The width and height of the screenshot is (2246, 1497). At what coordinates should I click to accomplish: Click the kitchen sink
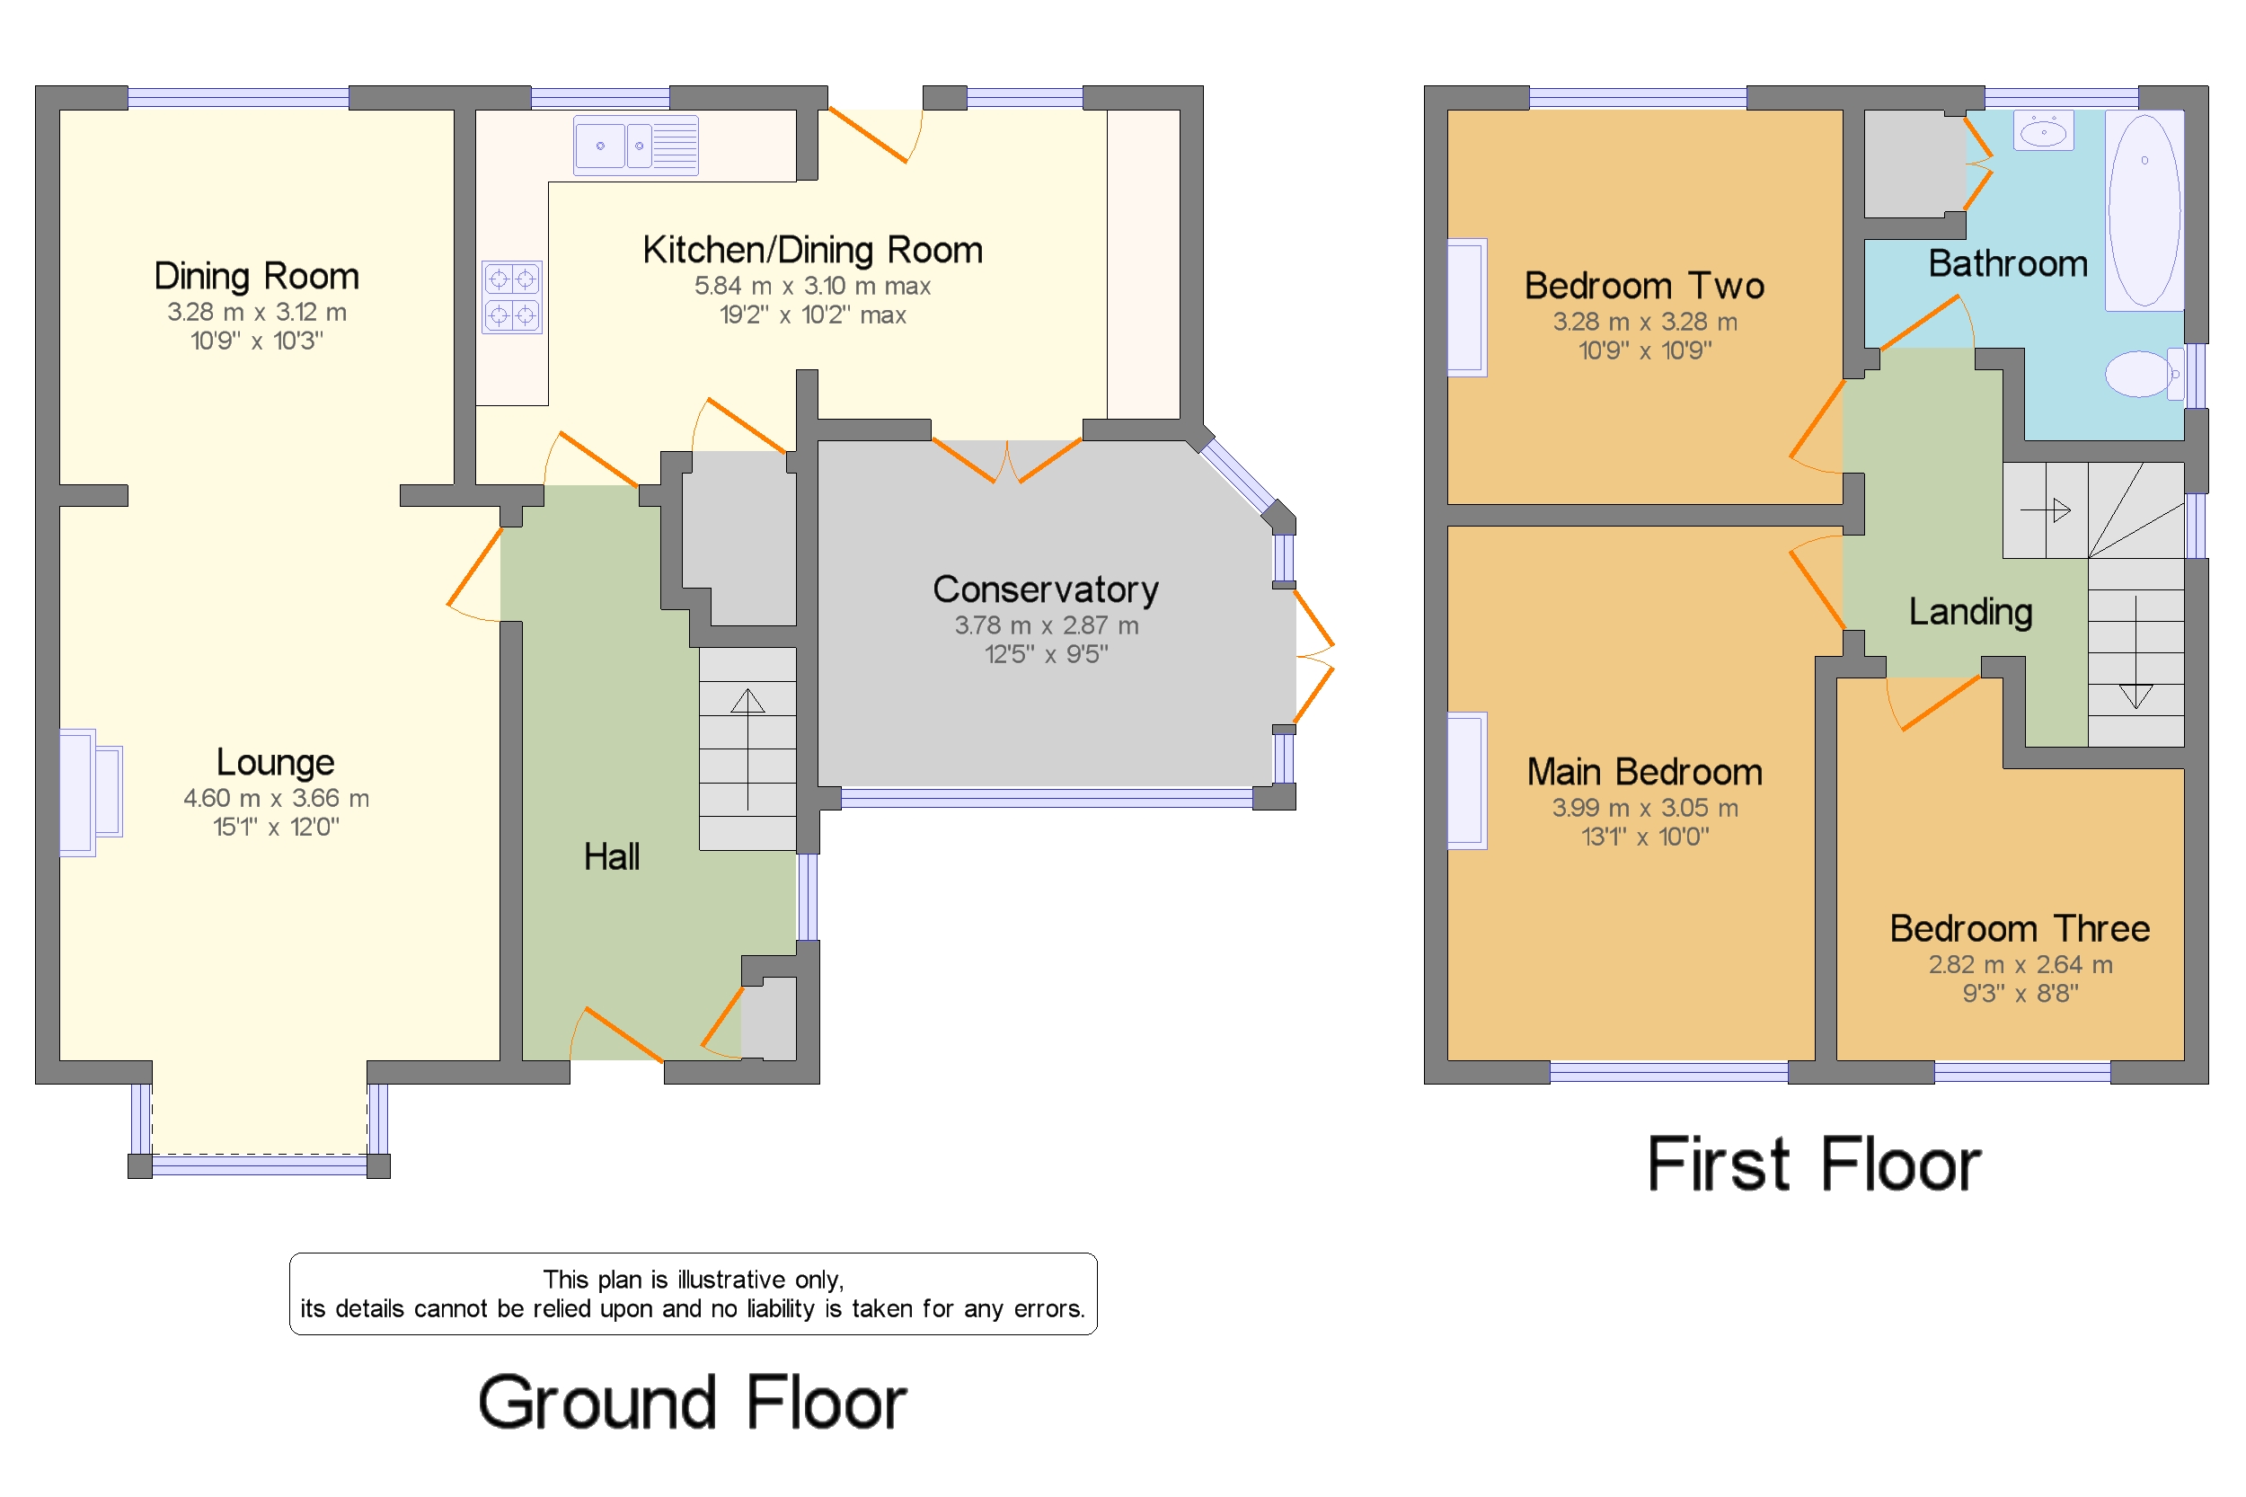tap(635, 146)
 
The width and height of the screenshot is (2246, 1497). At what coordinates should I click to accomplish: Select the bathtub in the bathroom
tap(2144, 210)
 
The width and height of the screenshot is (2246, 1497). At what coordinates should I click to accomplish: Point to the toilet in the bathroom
tap(2144, 373)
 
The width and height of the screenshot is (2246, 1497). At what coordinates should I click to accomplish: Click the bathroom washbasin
tap(2043, 131)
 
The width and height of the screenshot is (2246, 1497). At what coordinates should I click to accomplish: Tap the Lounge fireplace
tap(91, 793)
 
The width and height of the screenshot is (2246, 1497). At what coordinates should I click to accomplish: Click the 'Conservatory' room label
tap(1045, 589)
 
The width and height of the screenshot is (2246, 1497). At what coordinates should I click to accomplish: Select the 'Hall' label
tap(612, 856)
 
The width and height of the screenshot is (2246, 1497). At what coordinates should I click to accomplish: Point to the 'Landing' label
tap(1970, 612)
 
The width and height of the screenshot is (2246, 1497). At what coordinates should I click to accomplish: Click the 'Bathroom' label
tap(2007, 263)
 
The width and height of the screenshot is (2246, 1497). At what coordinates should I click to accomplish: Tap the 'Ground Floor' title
tap(692, 1403)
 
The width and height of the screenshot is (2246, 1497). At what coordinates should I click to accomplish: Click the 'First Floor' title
tap(1815, 1164)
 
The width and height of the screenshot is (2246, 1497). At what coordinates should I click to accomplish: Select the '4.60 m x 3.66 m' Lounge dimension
tap(276, 798)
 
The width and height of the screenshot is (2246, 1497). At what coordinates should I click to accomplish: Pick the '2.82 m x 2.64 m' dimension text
tap(2020, 964)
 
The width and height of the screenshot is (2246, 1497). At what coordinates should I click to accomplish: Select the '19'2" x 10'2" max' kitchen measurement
tap(812, 315)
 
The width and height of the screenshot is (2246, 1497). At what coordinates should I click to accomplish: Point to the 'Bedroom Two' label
tap(1644, 286)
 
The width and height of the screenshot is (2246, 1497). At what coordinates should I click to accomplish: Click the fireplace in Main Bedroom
tap(1466, 780)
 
